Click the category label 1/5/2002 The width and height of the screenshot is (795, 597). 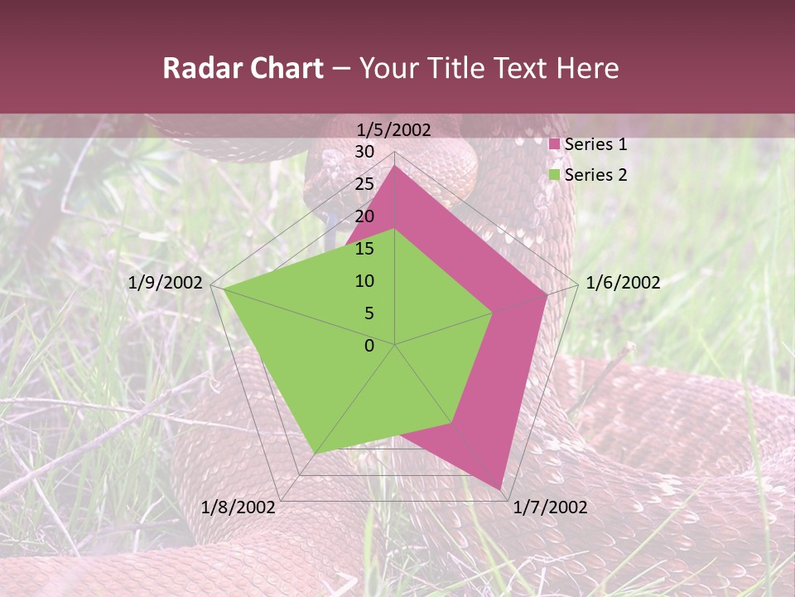tap(394, 129)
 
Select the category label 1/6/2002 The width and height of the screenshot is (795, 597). tap(623, 283)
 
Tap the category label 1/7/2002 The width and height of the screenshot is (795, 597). tap(550, 507)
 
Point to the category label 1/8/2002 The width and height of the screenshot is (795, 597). tap(238, 507)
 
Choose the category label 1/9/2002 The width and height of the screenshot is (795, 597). tap(166, 283)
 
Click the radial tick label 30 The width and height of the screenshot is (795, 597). tap(364, 152)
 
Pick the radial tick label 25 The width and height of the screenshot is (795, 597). tap(364, 184)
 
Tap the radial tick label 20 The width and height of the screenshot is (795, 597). tap(364, 216)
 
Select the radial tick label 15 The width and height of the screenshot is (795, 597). tap(364, 249)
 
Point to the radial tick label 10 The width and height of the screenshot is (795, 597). tap(364, 281)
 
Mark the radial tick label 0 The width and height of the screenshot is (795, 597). tap(369, 346)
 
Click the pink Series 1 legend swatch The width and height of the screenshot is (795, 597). tap(555, 144)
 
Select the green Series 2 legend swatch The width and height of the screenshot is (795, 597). tap(555, 175)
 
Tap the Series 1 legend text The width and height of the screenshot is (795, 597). tap(595, 144)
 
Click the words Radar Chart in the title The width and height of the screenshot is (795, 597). tap(243, 68)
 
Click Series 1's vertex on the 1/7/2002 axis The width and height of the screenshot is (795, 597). tap(500, 488)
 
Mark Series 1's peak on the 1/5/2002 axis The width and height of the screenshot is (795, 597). tap(395, 166)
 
